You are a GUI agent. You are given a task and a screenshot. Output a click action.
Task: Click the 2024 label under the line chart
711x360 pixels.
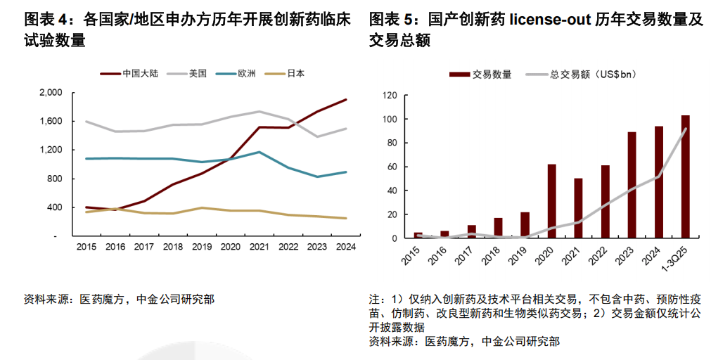click(345, 247)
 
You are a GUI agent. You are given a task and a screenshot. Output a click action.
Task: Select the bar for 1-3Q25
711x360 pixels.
click(685, 176)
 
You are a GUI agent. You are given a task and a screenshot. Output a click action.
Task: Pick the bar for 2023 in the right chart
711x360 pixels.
click(632, 185)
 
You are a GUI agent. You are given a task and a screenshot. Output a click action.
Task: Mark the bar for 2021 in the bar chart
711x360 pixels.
click(578, 208)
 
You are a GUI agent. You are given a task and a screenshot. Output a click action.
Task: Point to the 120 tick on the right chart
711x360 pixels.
click(390, 96)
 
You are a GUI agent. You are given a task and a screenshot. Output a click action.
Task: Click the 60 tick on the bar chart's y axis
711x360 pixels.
click(392, 167)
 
